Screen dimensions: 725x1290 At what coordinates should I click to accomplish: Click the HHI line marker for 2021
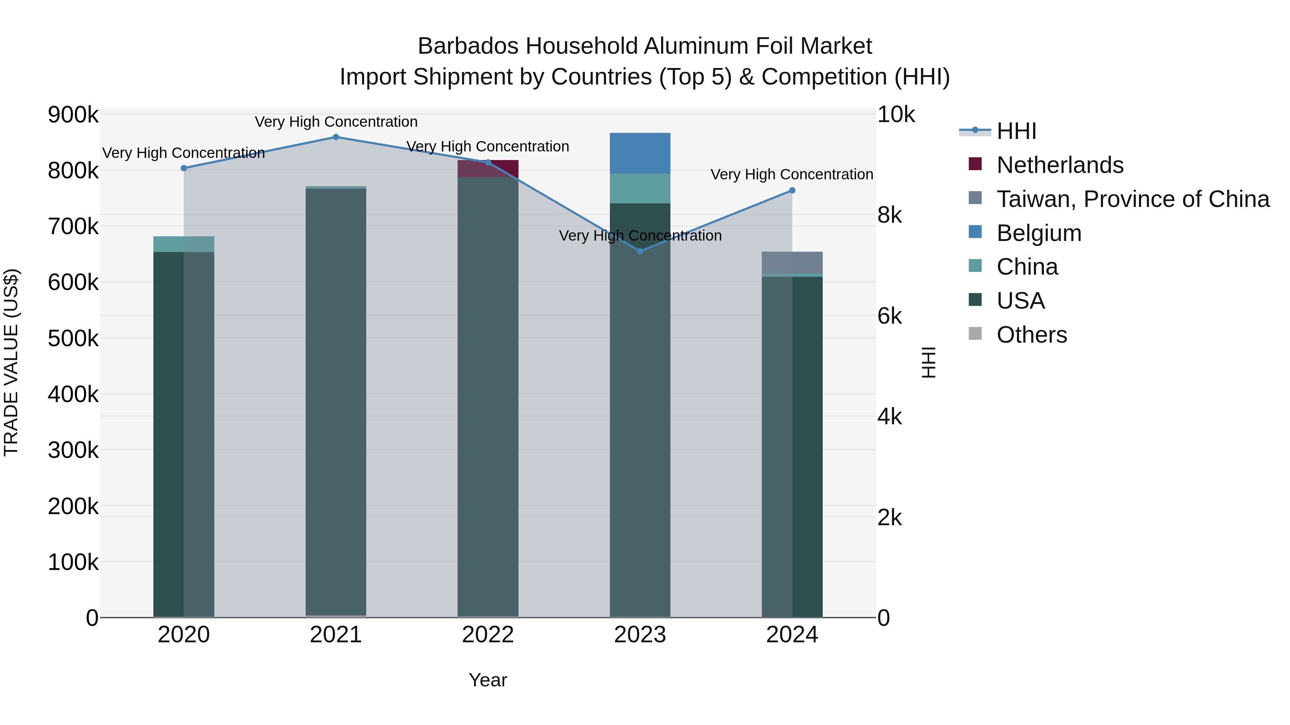[336, 137]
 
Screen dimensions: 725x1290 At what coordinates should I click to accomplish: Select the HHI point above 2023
[640, 251]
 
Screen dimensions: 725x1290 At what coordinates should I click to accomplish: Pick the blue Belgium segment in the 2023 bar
[640, 153]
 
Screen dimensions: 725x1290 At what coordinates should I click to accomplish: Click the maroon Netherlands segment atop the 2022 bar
[488, 169]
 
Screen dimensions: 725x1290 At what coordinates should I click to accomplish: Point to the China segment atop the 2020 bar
[184, 244]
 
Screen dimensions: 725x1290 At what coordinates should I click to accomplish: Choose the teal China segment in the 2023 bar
[640, 189]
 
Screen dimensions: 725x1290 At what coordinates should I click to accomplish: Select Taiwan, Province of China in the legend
[1133, 199]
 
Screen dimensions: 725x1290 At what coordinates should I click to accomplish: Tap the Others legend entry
[1032, 335]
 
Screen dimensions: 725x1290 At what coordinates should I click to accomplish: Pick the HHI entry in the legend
[1016, 131]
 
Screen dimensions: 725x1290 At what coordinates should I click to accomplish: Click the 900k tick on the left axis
[73, 115]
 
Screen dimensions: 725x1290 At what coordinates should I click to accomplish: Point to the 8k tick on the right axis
[889, 215]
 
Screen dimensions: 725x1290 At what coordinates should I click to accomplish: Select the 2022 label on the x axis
[488, 635]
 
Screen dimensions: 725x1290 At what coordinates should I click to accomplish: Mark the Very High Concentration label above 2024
[792, 175]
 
